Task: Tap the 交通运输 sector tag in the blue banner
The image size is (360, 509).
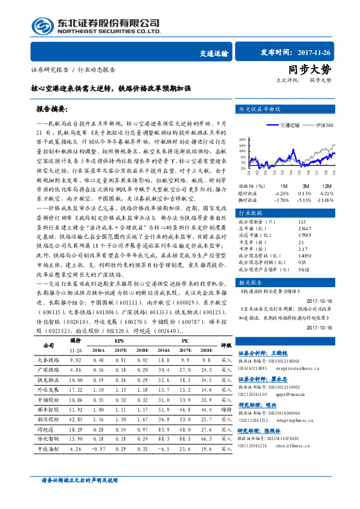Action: [214, 53]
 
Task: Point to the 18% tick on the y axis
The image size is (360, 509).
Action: [241, 138]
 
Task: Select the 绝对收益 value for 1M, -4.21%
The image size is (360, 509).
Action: [281, 192]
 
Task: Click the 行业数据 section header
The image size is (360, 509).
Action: [251, 213]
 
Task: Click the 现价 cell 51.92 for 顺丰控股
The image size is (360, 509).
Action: [76, 409]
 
